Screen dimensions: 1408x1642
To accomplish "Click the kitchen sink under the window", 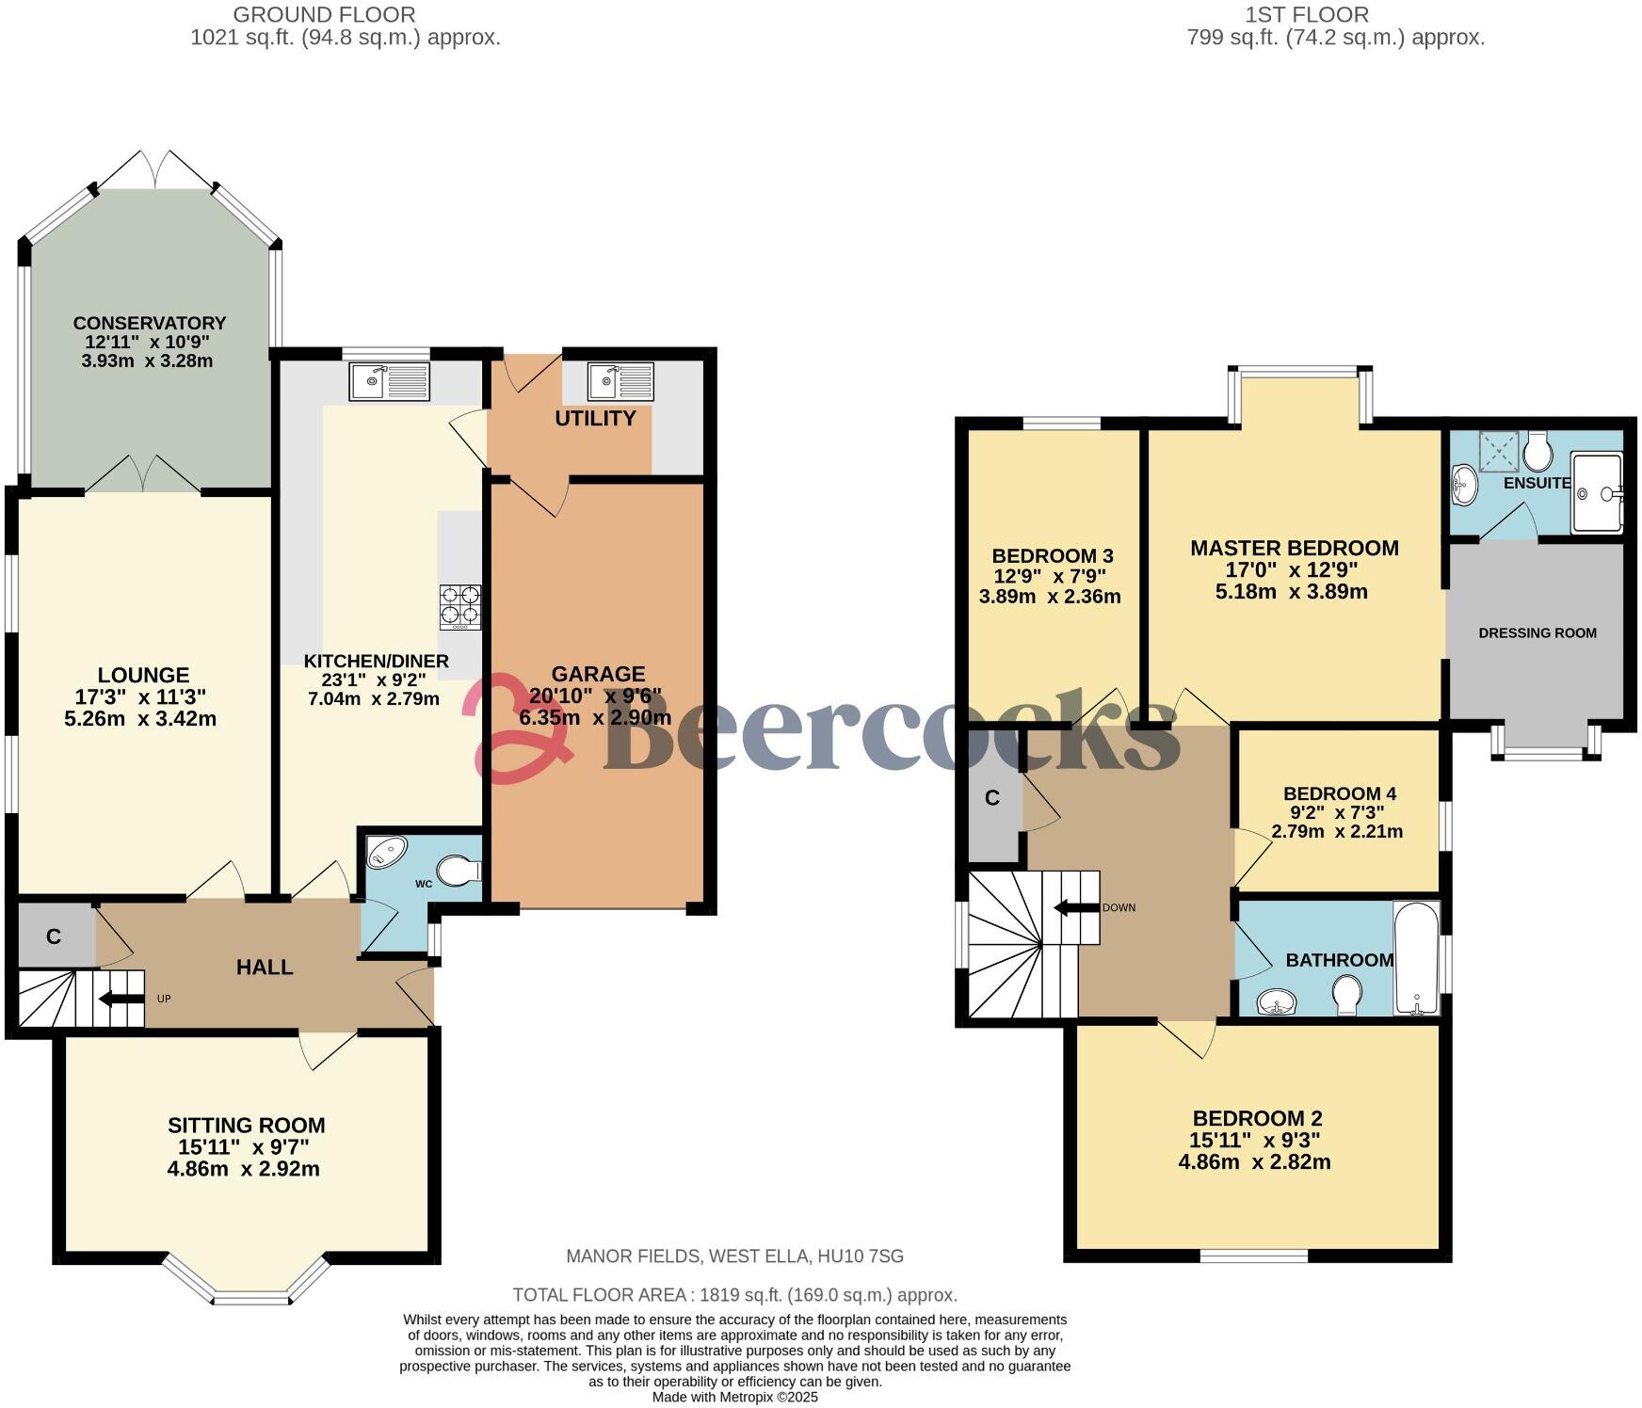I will click(x=389, y=381).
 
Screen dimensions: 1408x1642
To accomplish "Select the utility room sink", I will click(x=620, y=382).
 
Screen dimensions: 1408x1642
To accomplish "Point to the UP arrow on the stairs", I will click(x=121, y=998).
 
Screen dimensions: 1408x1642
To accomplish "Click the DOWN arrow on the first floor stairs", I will click(x=1077, y=907).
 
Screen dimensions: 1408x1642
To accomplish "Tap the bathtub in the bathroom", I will click(x=1418, y=958).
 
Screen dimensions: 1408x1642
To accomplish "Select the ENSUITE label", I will click(x=1537, y=483).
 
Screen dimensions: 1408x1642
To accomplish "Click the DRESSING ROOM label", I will click(x=1537, y=632).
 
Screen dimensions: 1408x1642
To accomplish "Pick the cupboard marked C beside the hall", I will click(x=55, y=936).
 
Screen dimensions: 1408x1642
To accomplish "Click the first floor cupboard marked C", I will click(x=991, y=798).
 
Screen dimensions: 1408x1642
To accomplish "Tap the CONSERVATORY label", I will click(x=150, y=323).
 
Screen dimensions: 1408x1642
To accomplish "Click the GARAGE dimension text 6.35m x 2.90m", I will click(x=595, y=718).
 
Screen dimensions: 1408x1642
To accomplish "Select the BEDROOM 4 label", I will click(x=1339, y=793).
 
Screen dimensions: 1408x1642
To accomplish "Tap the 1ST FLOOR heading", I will click(x=1306, y=14).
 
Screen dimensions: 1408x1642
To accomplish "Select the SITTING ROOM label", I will click(x=247, y=1125).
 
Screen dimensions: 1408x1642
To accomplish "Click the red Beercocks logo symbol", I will click(x=513, y=729).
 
